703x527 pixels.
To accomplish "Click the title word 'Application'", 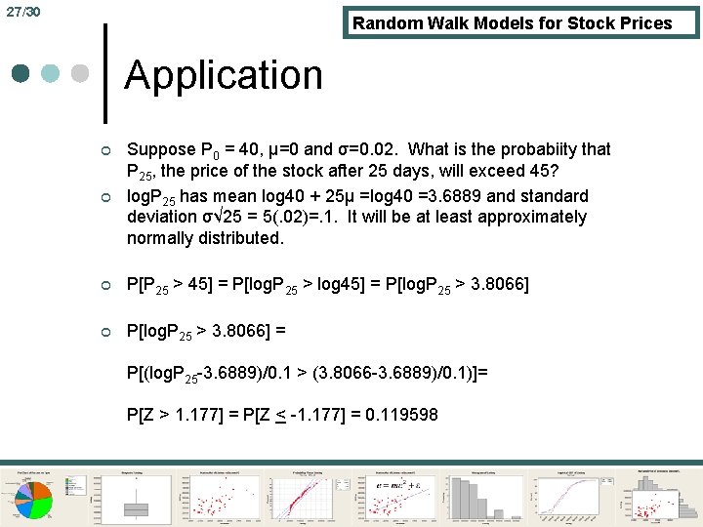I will (x=224, y=76).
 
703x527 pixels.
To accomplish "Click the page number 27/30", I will (x=21, y=12).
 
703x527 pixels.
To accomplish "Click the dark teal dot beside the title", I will (x=21, y=73).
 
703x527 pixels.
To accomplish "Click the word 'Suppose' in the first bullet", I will (x=162, y=149).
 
